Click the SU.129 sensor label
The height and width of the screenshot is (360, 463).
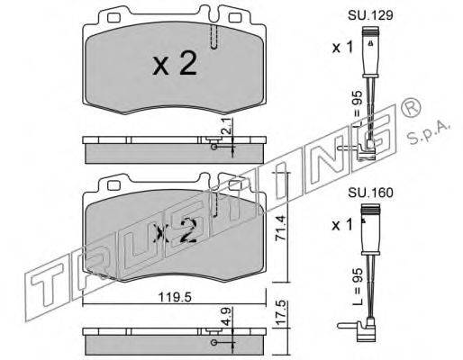pyautogui.click(x=370, y=15)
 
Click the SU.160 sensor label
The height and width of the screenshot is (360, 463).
pyautogui.click(x=370, y=193)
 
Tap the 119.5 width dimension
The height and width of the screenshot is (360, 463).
pyautogui.click(x=175, y=297)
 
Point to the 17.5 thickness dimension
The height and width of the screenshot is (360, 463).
pyautogui.click(x=280, y=313)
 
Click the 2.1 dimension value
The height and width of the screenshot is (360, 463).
pyautogui.click(x=227, y=125)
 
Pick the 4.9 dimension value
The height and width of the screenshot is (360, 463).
pyautogui.click(x=227, y=316)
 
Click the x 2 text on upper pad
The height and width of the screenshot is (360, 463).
pyautogui.click(x=175, y=63)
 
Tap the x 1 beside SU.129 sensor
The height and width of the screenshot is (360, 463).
pyautogui.click(x=342, y=48)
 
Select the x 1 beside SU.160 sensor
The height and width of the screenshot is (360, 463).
pyautogui.click(x=342, y=225)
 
